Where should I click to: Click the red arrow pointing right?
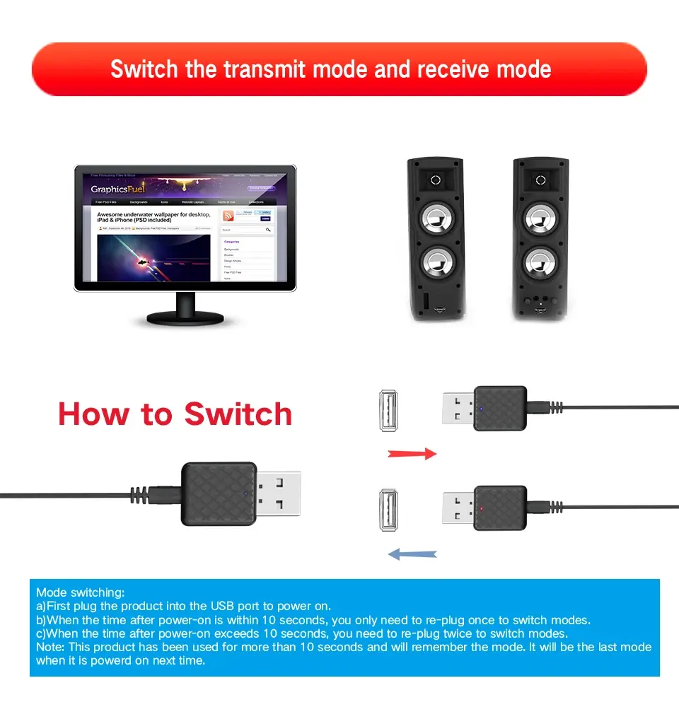412,454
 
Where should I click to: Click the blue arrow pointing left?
413,554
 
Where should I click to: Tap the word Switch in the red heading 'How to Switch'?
238,414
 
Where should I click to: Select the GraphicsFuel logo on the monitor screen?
118,189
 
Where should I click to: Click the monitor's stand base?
185,319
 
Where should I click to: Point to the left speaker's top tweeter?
435,180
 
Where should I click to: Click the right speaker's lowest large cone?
540,263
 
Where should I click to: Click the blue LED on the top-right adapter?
482,409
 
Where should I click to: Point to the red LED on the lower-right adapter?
482,508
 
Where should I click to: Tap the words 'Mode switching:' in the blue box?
80,592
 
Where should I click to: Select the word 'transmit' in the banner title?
265,70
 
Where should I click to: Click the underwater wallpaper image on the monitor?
153,259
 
